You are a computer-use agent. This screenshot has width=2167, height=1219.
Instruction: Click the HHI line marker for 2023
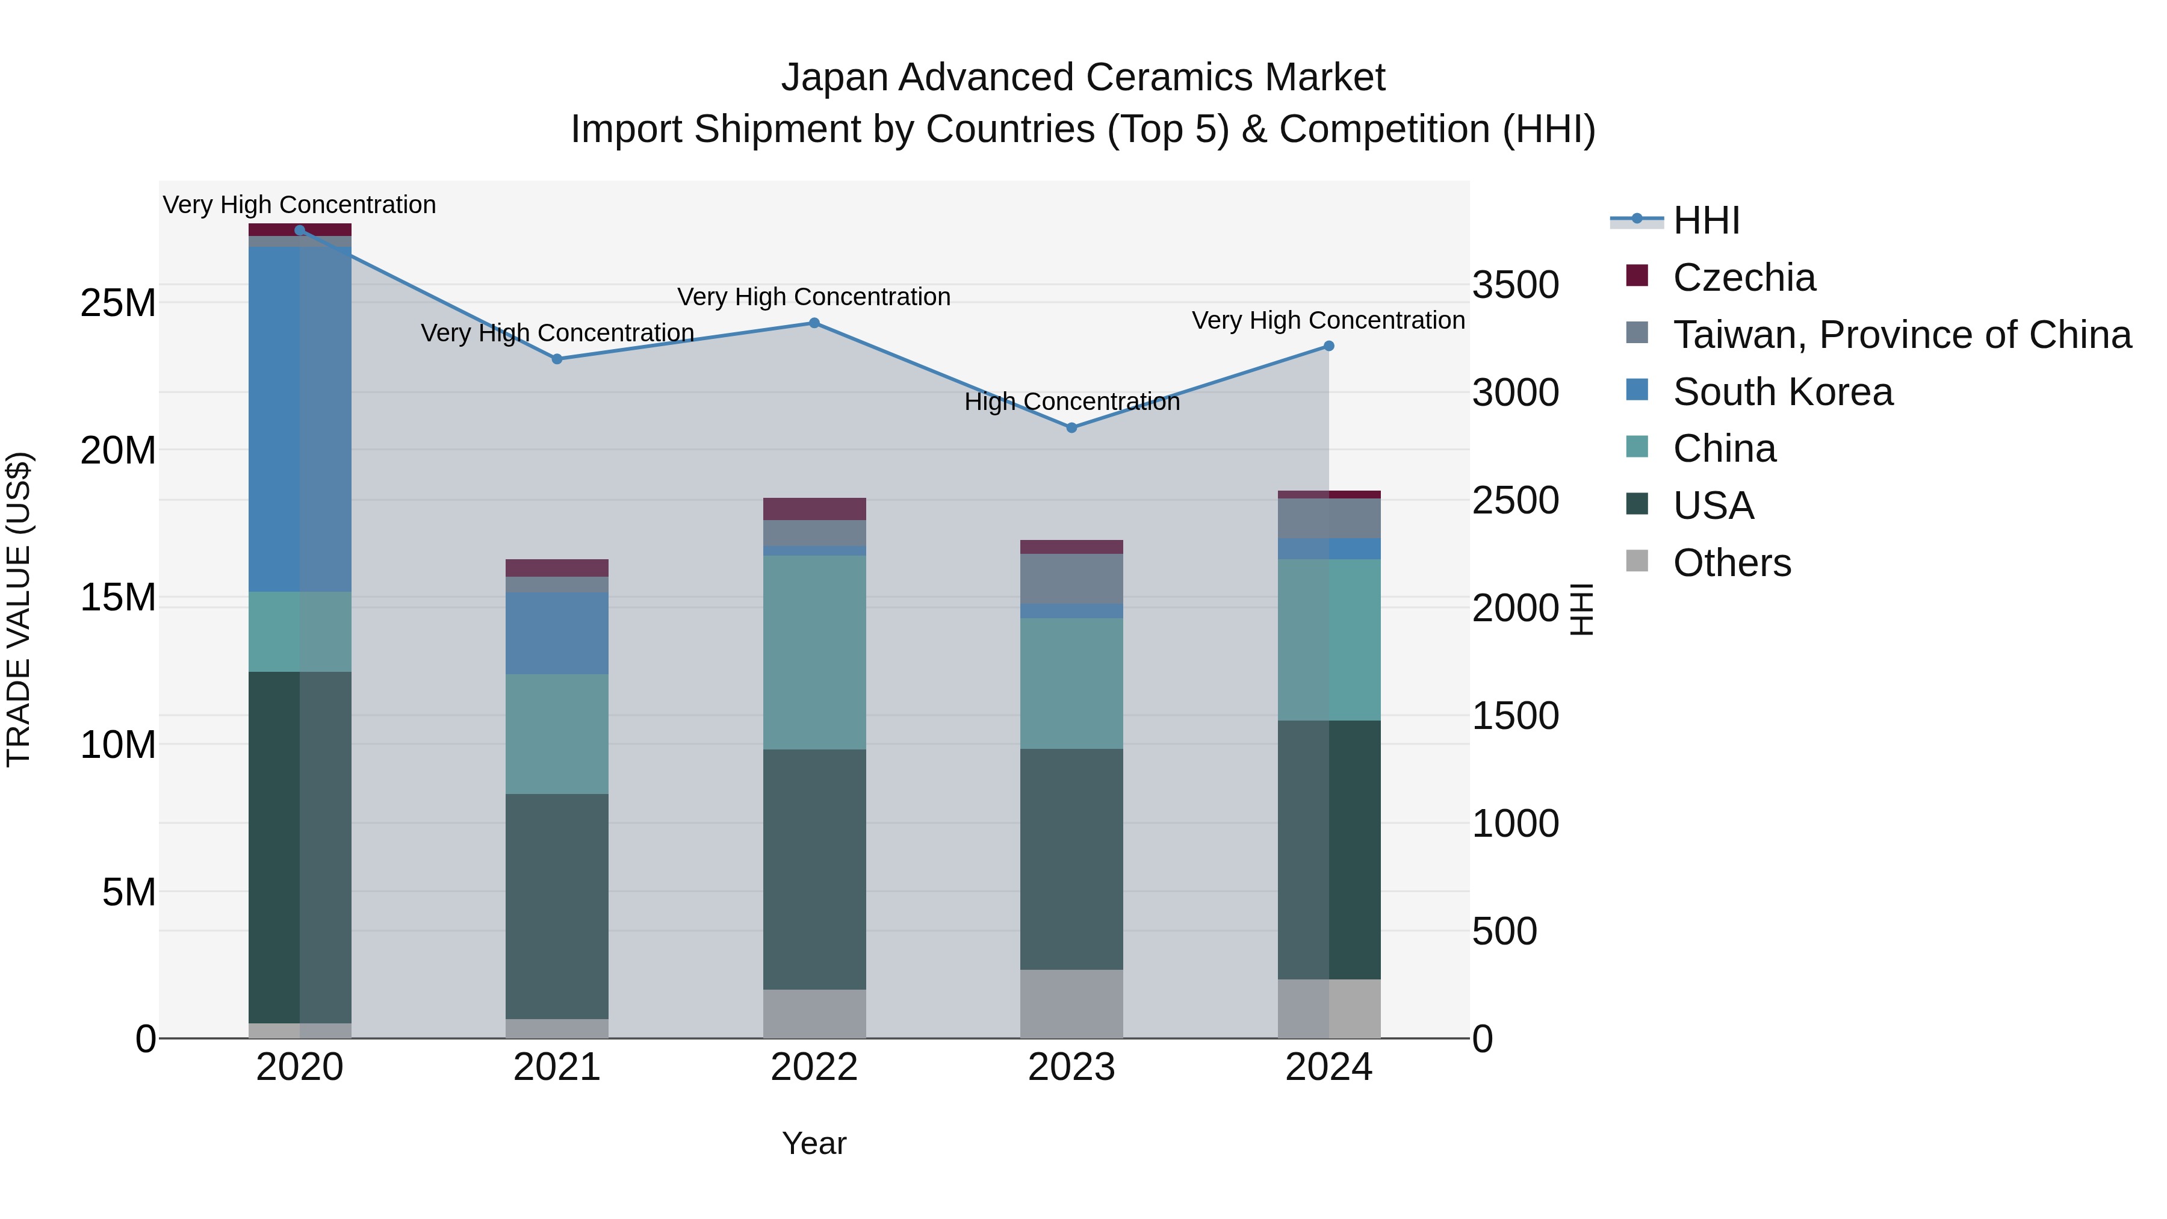pos(1071,427)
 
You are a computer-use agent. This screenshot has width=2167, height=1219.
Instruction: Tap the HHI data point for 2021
pos(556,359)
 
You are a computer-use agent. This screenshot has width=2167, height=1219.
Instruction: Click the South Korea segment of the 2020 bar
pos(300,419)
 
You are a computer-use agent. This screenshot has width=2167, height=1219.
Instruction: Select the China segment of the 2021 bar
pos(556,734)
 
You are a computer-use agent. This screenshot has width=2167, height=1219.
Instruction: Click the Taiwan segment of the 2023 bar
pos(1071,578)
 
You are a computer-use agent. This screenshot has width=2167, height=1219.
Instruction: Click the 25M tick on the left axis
pos(118,303)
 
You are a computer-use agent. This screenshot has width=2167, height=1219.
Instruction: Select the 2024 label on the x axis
pos(1328,1067)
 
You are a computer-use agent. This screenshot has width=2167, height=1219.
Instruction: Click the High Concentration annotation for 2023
pos(1071,402)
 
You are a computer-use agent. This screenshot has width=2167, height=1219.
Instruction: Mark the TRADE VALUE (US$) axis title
pos(19,609)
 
